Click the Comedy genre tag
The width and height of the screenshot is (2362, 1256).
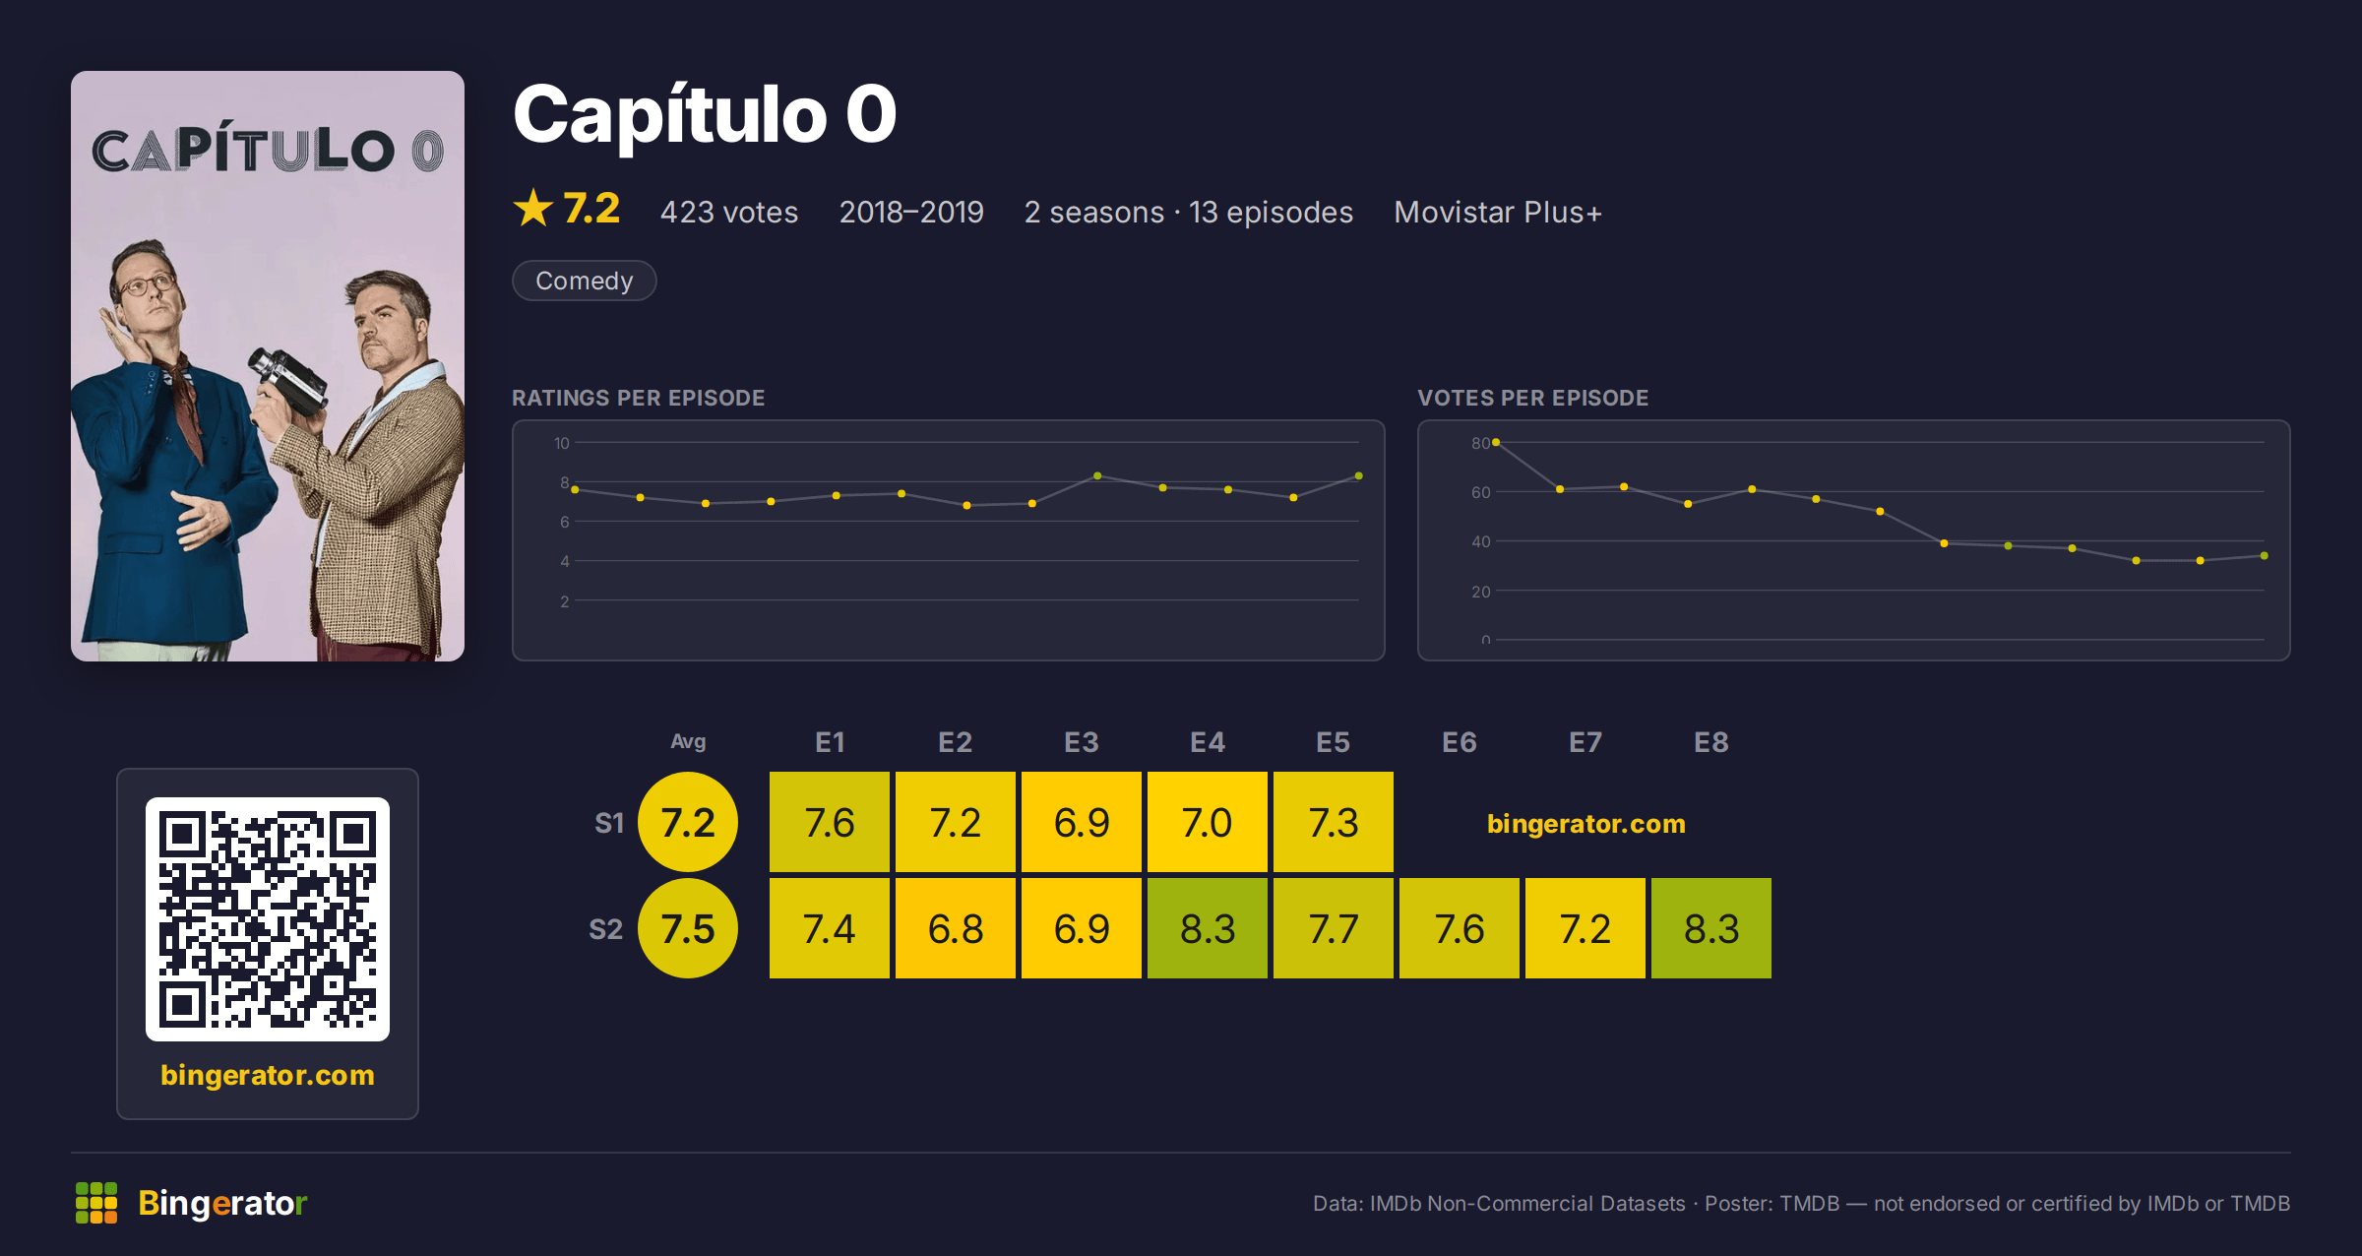[x=584, y=281]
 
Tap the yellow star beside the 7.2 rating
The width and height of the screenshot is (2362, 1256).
[x=533, y=208]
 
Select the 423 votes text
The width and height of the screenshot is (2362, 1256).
[x=729, y=212]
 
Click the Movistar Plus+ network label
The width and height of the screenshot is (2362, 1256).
[x=1498, y=212]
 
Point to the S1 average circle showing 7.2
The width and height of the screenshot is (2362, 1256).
[x=688, y=822]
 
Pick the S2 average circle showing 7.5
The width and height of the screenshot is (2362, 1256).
[x=688, y=928]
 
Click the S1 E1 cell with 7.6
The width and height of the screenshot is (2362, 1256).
[x=830, y=822]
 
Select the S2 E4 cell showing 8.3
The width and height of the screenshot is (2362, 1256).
[x=1208, y=928]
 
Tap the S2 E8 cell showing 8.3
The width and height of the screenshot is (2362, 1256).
[x=1711, y=928]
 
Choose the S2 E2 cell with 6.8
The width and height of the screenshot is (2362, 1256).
[x=956, y=928]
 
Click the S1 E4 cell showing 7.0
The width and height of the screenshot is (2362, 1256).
[x=1208, y=822]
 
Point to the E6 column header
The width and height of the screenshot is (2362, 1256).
[x=1460, y=742]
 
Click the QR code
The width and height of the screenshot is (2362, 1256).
[x=268, y=919]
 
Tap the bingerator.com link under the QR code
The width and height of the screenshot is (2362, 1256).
[x=268, y=1074]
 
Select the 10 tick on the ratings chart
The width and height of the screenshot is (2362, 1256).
[x=561, y=443]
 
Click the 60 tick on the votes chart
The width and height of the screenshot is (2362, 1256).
[x=1480, y=492]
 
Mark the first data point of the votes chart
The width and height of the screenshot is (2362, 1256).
[x=1496, y=443]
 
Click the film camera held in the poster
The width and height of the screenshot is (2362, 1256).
[x=288, y=379]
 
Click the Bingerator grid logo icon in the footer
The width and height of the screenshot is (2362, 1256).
[x=96, y=1203]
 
